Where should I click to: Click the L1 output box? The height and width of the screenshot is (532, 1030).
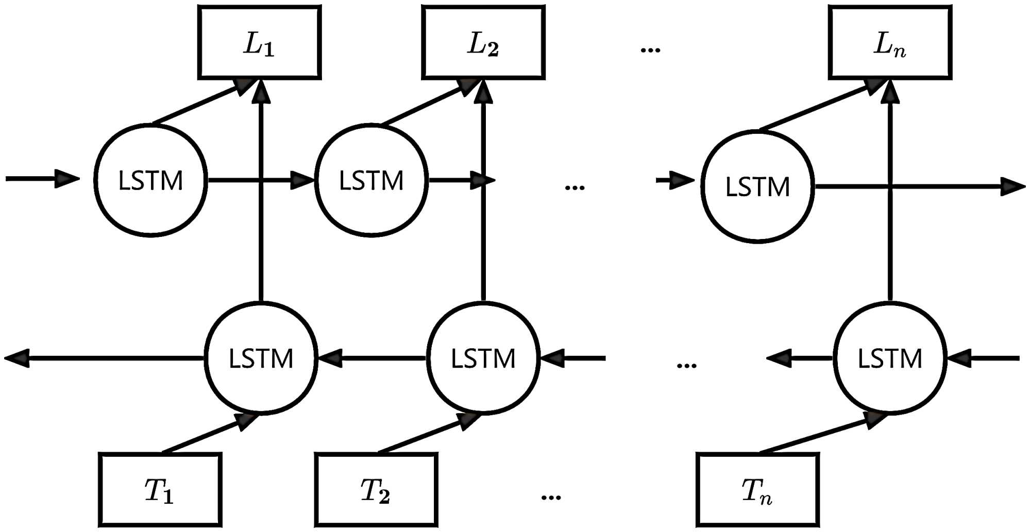(x=259, y=43)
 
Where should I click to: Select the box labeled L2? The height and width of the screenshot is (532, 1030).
(x=483, y=43)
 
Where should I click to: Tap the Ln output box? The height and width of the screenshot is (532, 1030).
(x=890, y=43)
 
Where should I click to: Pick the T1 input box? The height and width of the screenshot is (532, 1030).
(x=160, y=490)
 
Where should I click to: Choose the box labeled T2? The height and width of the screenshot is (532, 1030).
(x=376, y=490)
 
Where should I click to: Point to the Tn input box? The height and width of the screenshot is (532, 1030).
(x=757, y=490)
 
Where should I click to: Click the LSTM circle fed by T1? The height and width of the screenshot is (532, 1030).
(x=261, y=358)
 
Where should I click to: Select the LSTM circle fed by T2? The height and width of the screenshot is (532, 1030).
(x=483, y=358)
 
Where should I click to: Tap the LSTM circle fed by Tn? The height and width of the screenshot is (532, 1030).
(x=890, y=358)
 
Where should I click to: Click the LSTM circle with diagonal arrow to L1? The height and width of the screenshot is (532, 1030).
(x=150, y=180)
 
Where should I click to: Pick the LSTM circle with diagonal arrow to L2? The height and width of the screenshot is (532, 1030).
(x=371, y=180)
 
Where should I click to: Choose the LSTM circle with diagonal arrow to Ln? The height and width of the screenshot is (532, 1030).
(x=757, y=186)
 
